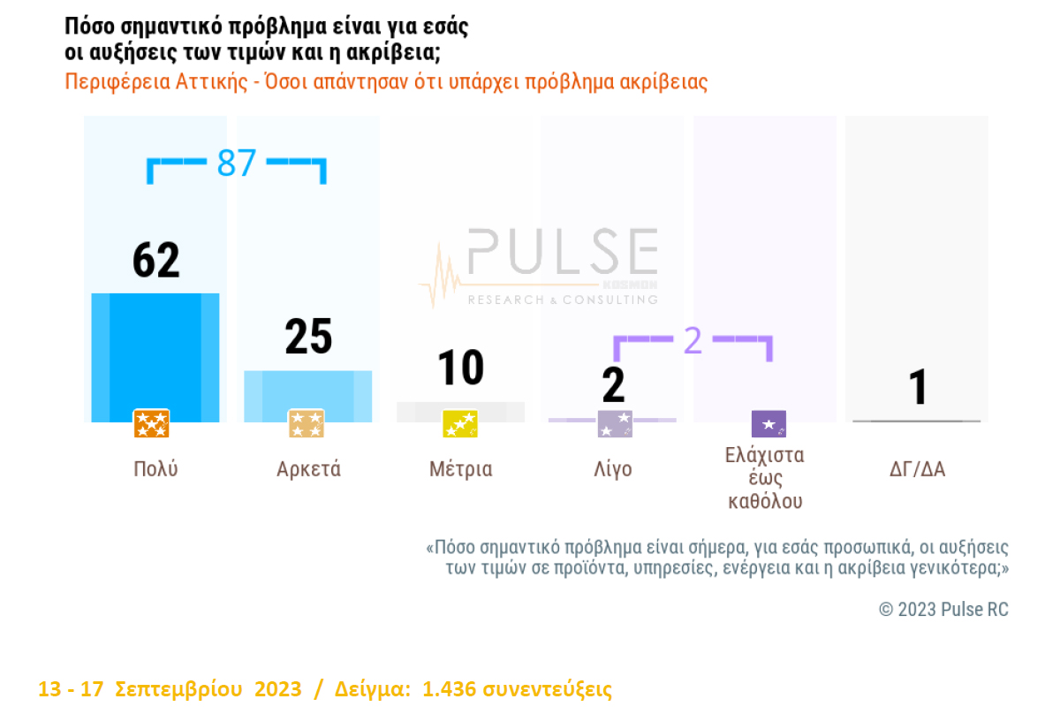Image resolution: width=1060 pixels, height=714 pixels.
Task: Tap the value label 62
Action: click(156, 260)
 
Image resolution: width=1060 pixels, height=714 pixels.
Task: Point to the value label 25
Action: click(308, 337)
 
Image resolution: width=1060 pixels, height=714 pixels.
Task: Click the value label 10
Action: click(460, 368)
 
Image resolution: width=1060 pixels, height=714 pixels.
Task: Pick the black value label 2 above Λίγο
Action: click(613, 385)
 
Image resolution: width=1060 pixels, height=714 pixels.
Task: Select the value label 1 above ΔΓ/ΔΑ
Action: click(919, 387)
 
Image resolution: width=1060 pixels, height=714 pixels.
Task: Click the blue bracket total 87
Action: click(237, 163)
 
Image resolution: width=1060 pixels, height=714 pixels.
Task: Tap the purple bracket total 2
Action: click(693, 341)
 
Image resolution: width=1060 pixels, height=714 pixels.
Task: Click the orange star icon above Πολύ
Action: click(151, 424)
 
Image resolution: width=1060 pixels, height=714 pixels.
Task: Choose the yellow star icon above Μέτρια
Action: click(459, 424)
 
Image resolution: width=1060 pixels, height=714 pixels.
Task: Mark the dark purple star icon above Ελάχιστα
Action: click(768, 424)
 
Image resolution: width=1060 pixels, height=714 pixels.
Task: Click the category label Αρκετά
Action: click(308, 469)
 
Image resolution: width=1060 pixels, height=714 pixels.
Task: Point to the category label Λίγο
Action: click(613, 469)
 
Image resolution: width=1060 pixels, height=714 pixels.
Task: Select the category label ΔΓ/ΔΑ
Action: click(917, 469)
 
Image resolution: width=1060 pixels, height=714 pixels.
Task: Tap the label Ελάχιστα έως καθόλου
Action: click(765, 478)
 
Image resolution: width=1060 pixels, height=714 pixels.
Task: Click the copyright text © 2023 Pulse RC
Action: click(943, 610)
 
